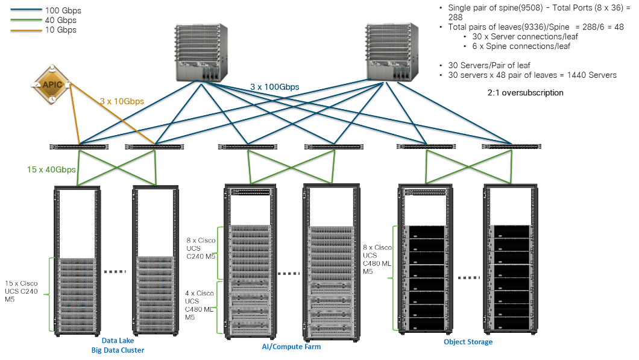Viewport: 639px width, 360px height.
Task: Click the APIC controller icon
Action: [53, 84]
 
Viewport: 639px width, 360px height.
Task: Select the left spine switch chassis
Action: [201, 53]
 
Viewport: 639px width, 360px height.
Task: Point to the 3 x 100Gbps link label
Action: [274, 87]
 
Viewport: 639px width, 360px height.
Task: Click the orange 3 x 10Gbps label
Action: [122, 101]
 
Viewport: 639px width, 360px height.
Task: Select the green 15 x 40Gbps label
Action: [51, 169]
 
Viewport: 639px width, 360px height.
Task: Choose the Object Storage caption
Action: [468, 342]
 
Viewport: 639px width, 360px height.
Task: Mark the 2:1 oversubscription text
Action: [525, 93]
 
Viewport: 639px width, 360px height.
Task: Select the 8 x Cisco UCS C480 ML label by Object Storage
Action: [377, 259]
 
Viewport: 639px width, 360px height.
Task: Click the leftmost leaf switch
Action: [80, 147]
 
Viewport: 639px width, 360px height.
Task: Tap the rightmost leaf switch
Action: [511, 146]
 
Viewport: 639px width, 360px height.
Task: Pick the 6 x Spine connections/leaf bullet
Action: [524, 46]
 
